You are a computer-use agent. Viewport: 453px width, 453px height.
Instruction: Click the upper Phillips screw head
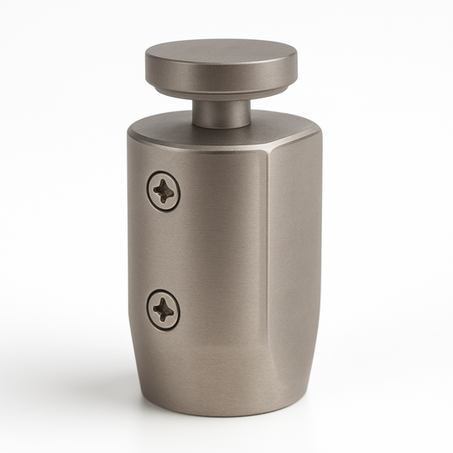click(x=163, y=191)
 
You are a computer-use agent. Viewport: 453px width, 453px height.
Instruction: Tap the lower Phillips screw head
click(x=163, y=309)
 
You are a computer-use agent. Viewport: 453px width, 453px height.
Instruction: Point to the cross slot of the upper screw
click(x=163, y=191)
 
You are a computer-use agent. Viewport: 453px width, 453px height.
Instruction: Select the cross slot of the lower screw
click(x=163, y=309)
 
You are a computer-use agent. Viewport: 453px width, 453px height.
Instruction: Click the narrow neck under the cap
click(x=220, y=111)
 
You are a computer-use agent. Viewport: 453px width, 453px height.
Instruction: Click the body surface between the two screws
click(x=163, y=251)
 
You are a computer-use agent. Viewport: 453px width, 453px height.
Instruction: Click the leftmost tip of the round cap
click(x=145, y=66)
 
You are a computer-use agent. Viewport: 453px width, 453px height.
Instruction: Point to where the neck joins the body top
click(x=220, y=126)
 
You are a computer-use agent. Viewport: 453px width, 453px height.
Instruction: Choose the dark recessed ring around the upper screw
click(x=150, y=191)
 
